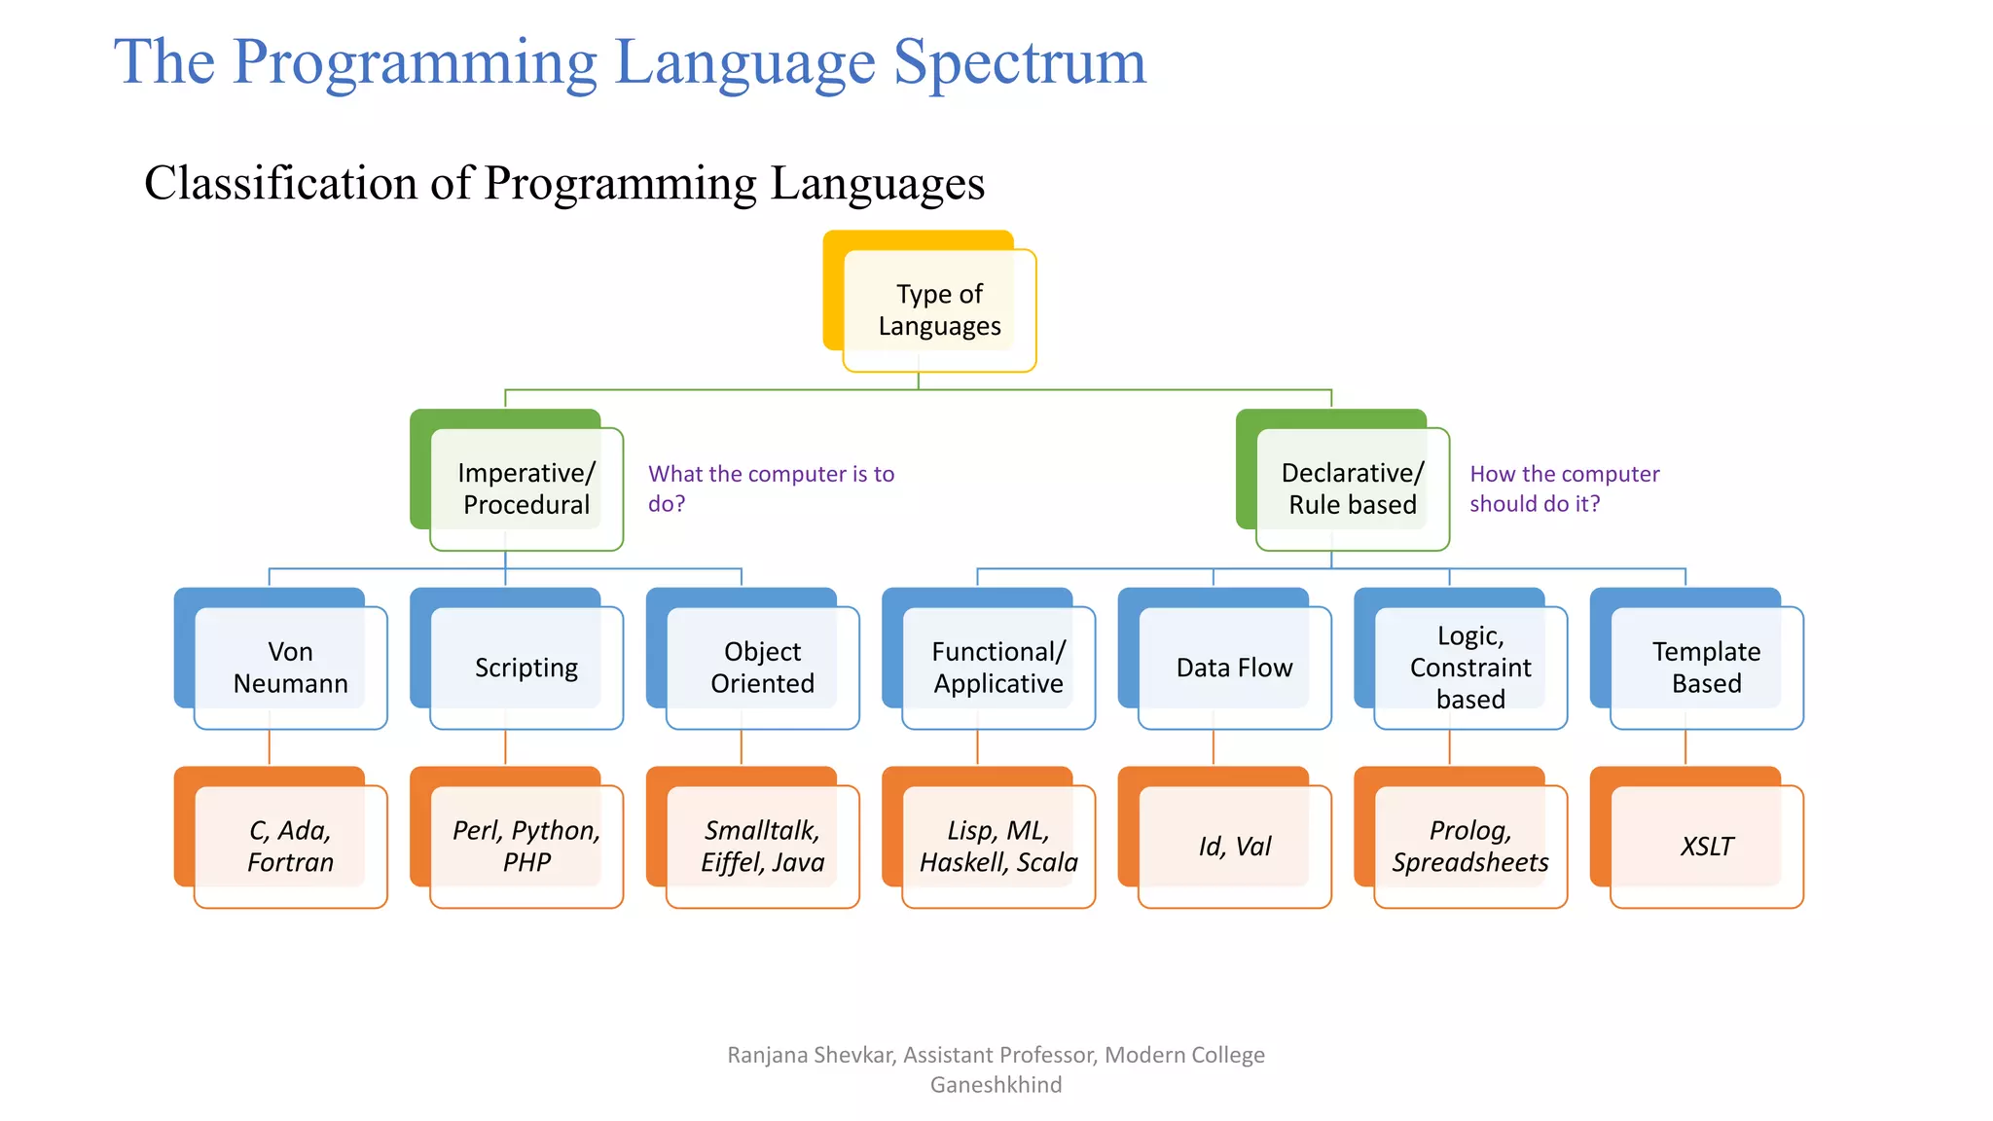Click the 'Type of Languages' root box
tap(939, 309)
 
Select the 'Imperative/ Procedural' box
tap(525, 488)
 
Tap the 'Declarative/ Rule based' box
tap(1353, 488)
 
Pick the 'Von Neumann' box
tap(290, 668)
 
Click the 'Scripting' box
tap(525, 668)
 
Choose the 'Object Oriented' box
tap(762, 668)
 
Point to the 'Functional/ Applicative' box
tap(998, 668)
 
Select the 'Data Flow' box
tap(1234, 668)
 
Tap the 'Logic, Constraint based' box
tap(1470, 668)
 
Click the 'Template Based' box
tap(1706, 668)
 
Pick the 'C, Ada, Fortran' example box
tap(290, 847)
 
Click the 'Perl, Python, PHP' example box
tap(525, 847)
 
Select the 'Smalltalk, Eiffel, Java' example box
tap(762, 847)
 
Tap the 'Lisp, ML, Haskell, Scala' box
tap(998, 847)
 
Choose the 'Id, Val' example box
tap(1234, 847)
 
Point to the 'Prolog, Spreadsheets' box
tap(1470, 847)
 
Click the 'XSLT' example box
tap(1706, 847)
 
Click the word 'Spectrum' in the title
tap(1020, 62)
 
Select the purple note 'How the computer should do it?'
tap(1563, 488)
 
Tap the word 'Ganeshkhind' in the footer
tap(996, 1085)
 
